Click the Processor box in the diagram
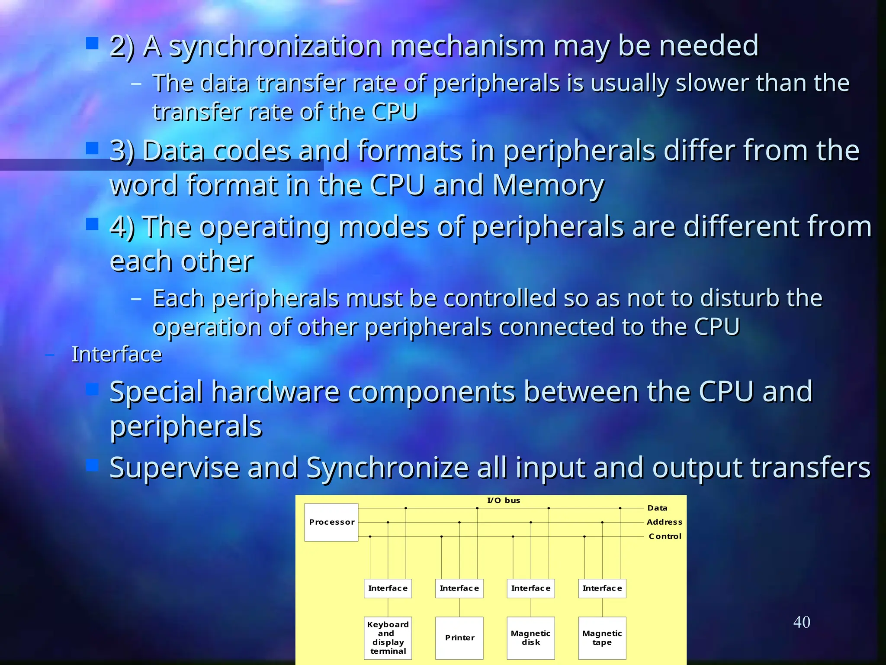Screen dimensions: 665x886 [x=331, y=522]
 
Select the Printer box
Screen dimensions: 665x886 [x=459, y=638]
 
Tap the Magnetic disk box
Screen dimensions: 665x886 [x=530, y=638]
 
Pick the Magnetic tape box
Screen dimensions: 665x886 [x=602, y=638]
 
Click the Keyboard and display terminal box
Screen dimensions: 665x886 [x=388, y=638]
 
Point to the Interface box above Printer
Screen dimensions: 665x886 [x=459, y=588]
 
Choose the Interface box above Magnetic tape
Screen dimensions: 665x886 [x=602, y=588]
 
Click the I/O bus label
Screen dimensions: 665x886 [x=504, y=500]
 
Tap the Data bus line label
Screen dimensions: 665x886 [x=657, y=508]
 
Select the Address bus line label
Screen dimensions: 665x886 [x=664, y=522]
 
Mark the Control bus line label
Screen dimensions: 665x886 [x=665, y=536]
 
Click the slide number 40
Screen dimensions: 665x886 [x=802, y=622]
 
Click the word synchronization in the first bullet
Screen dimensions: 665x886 [x=276, y=46]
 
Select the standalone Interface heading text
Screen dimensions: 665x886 [x=116, y=354]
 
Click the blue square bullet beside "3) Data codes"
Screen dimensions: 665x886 [x=92, y=148]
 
